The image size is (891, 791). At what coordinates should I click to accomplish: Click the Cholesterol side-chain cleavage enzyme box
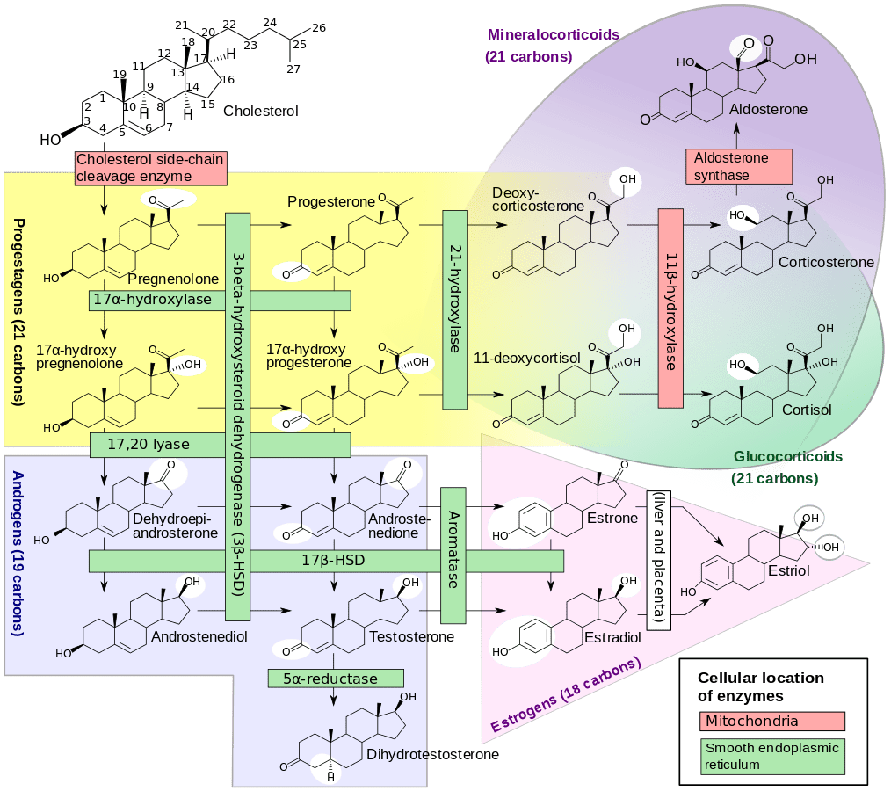[149, 168]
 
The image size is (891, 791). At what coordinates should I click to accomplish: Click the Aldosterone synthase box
[738, 167]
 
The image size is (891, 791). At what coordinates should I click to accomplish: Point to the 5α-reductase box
[336, 678]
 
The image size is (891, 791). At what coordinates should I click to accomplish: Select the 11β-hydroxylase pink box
[670, 308]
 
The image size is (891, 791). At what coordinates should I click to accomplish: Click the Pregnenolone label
[173, 279]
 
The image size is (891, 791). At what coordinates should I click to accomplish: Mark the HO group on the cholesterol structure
[51, 140]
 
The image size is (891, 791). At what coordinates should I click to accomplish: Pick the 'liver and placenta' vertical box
[659, 558]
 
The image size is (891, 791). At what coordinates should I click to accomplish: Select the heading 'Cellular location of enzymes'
[761, 686]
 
